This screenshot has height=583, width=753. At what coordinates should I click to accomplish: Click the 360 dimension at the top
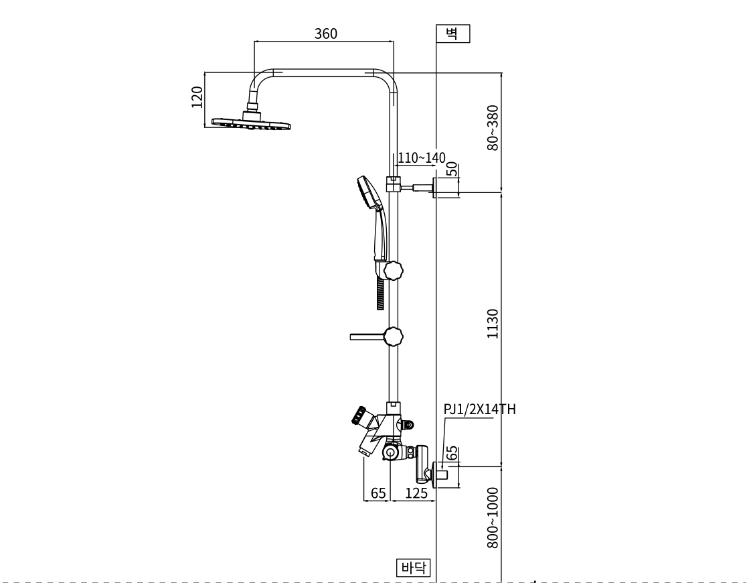[326, 34]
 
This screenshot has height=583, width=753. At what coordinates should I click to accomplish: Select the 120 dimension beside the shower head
[197, 97]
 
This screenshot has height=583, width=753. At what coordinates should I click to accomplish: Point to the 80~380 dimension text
[493, 127]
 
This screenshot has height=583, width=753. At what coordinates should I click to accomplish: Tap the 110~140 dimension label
[422, 158]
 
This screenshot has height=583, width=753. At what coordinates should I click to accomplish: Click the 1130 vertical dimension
[493, 324]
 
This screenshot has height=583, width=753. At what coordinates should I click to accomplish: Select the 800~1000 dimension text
[493, 518]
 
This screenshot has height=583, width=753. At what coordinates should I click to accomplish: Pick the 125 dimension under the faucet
[416, 493]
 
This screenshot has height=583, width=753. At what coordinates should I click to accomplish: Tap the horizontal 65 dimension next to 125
[378, 493]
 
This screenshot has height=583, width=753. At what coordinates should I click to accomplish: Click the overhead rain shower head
[252, 123]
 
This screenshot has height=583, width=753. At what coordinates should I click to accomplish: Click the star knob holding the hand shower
[394, 271]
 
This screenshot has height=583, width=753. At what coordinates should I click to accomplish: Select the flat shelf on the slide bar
[365, 336]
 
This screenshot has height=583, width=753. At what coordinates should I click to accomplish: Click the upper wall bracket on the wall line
[442, 188]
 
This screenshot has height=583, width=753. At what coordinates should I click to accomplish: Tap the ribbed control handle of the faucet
[357, 416]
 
